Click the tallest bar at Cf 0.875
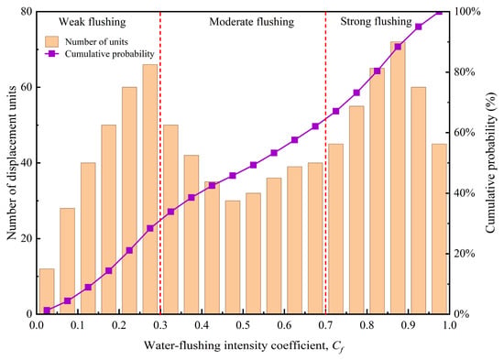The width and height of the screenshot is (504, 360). pyautogui.click(x=398, y=178)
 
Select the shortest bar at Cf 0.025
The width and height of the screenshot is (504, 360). pyautogui.click(x=47, y=291)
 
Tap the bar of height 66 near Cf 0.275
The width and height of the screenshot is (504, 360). pyautogui.click(x=150, y=189)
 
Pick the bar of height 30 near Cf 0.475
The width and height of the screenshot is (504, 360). pyautogui.click(x=233, y=257)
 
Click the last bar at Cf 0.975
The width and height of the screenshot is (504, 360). pyautogui.click(x=439, y=229)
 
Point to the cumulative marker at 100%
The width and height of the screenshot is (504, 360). pyautogui.click(x=439, y=12)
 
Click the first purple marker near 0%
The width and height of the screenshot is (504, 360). pyautogui.click(x=47, y=311)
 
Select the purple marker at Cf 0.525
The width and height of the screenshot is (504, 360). pyautogui.click(x=253, y=165)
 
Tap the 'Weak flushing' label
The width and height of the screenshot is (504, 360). pyautogui.click(x=93, y=22)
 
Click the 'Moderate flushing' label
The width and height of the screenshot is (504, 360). pyautogui.click(x=252, y=22)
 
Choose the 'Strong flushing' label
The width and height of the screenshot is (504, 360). pyautogui.click(x=376, y=22)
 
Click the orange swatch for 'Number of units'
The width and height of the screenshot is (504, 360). pyautogui.click(x=51, y=41)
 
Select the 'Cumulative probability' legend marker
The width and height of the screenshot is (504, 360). pyautogui.click(x=51, y=54)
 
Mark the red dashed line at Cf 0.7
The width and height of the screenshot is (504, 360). pyautogui.click(x=325, y=163)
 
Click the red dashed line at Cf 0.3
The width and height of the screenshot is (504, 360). pyautogui.click(x=160, y=163)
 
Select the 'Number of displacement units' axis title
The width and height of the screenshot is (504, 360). pyautogui.click(x=12, y=163)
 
